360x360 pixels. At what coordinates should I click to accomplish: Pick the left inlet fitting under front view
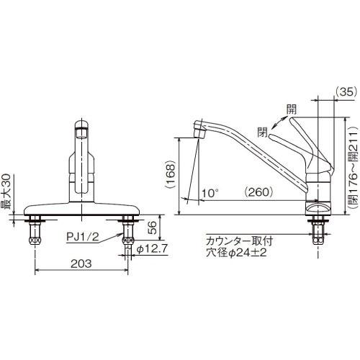pos(35,240)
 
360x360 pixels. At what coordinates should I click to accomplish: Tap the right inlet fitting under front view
pos(128,240)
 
